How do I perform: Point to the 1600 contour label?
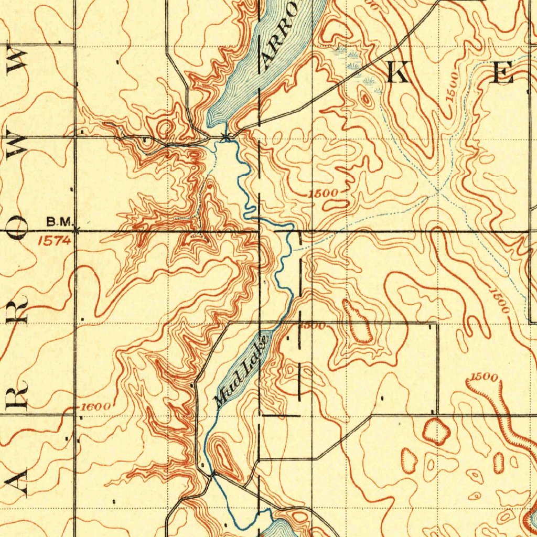click(x=95, y=407)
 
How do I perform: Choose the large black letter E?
click(x=503, y=73)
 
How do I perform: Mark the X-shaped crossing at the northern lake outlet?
click(x=225, y=137)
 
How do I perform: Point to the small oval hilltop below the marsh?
click(x=365, y=97)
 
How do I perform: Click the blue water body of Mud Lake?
click(x=239, y=367)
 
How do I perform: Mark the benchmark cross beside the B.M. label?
click(x=77, y=230)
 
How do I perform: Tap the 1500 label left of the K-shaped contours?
click(x=323, y=194)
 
